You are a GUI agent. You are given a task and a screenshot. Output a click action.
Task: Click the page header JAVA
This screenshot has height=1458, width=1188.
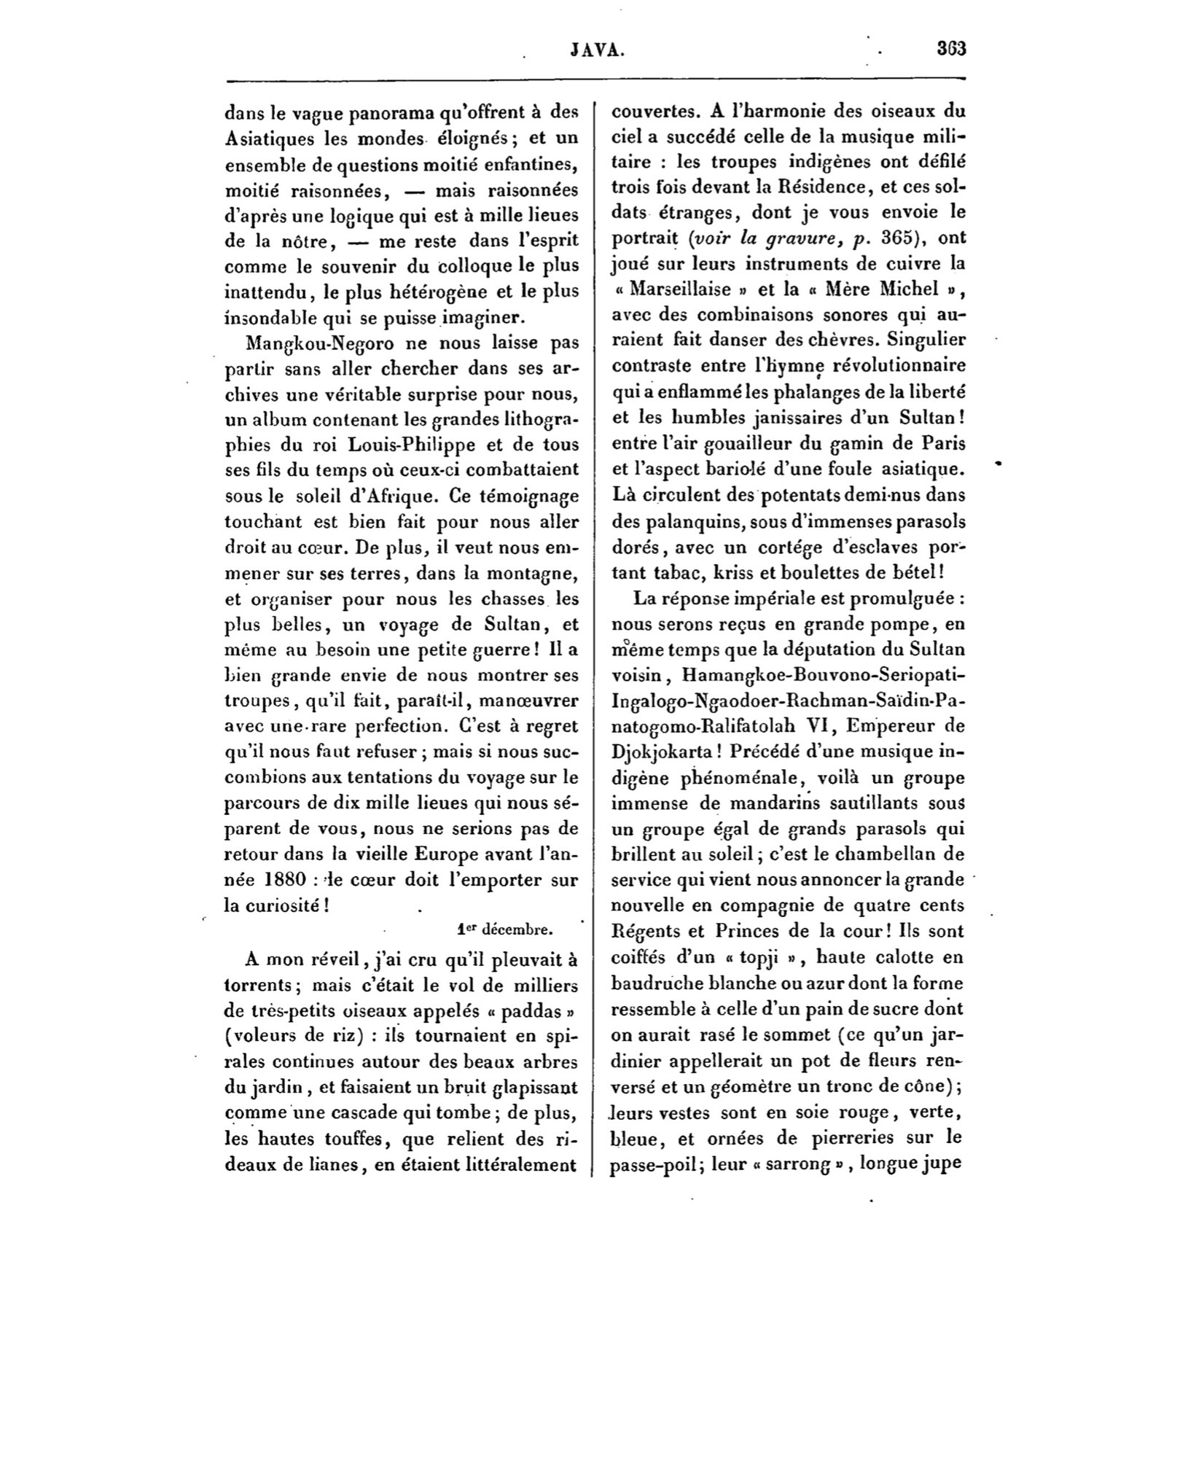click(x=597, y=50)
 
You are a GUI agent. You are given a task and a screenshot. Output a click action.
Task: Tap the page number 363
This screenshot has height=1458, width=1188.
click(x=951, y=50)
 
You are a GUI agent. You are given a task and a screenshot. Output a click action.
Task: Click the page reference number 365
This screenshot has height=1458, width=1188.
click(x=902, y=238)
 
